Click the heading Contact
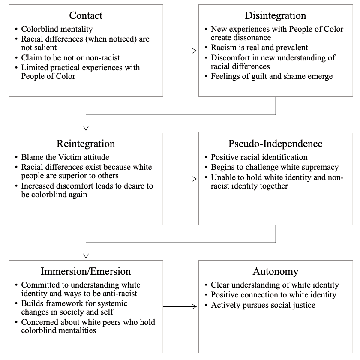point(86,15)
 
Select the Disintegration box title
point(276,15)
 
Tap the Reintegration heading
point(86,144)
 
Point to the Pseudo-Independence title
point(276,144)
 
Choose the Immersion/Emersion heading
point(86,271)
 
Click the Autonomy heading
point(276,271)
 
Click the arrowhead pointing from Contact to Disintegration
point(194,51)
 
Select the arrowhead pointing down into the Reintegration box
point(86,128)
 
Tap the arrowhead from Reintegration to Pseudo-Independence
point(194,179)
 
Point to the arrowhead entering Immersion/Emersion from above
point(86,255)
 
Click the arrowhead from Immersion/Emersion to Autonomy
point(194,306)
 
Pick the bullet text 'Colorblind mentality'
point(57,29)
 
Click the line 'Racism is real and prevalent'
point(259,48)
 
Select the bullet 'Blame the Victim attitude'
point(65,157)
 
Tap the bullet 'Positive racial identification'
point(259,157)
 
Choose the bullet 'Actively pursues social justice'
point(263,305)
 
